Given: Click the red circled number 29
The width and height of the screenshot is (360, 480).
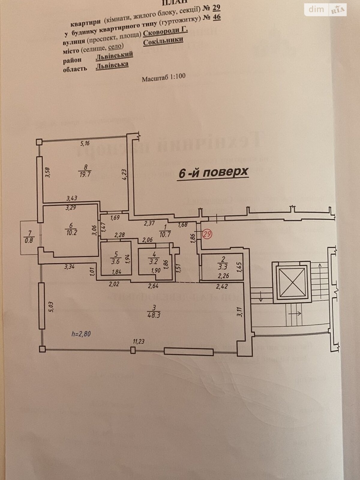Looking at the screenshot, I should coord(206,234).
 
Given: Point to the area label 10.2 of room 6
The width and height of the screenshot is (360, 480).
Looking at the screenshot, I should coord(71,232).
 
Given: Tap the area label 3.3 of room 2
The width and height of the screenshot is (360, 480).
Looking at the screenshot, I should coord(222,265).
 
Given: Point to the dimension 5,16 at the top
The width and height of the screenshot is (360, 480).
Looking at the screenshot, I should coord(85,143).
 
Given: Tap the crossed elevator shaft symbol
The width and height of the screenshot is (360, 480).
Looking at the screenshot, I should coord(290,281).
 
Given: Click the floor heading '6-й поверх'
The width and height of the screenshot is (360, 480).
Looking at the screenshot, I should coord(213,172).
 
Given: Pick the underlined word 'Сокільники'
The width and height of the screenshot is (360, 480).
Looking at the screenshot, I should coord(163,40).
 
